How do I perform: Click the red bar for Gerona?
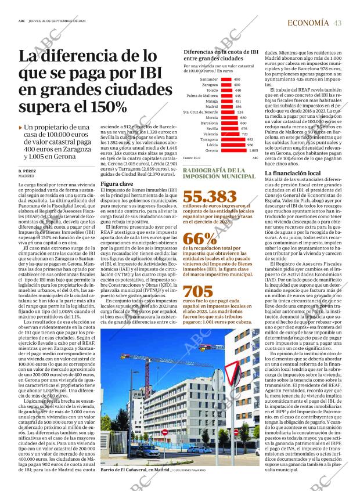(x=233, y=150)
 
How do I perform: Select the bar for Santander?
(x=226, y=79)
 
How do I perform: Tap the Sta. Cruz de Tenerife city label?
(x=200, y=112)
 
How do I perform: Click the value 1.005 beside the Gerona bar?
(x=254, y=150)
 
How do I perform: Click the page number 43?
(x=337, y=23)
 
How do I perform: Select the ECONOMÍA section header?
(x=308, y=23)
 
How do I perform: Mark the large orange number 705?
(x=198, y=292)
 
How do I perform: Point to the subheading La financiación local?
(x=292, y=174)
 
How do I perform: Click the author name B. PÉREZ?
(x=28, y=171)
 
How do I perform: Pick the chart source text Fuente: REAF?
(x=191, y=158)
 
